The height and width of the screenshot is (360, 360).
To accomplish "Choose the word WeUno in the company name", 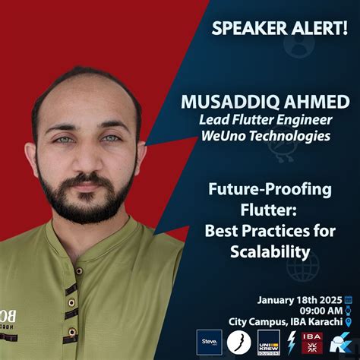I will [x=222, y=137].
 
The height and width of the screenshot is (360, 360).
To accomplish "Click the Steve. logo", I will [x=209, y=342].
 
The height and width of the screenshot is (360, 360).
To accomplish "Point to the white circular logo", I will [x=240, y=342].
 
